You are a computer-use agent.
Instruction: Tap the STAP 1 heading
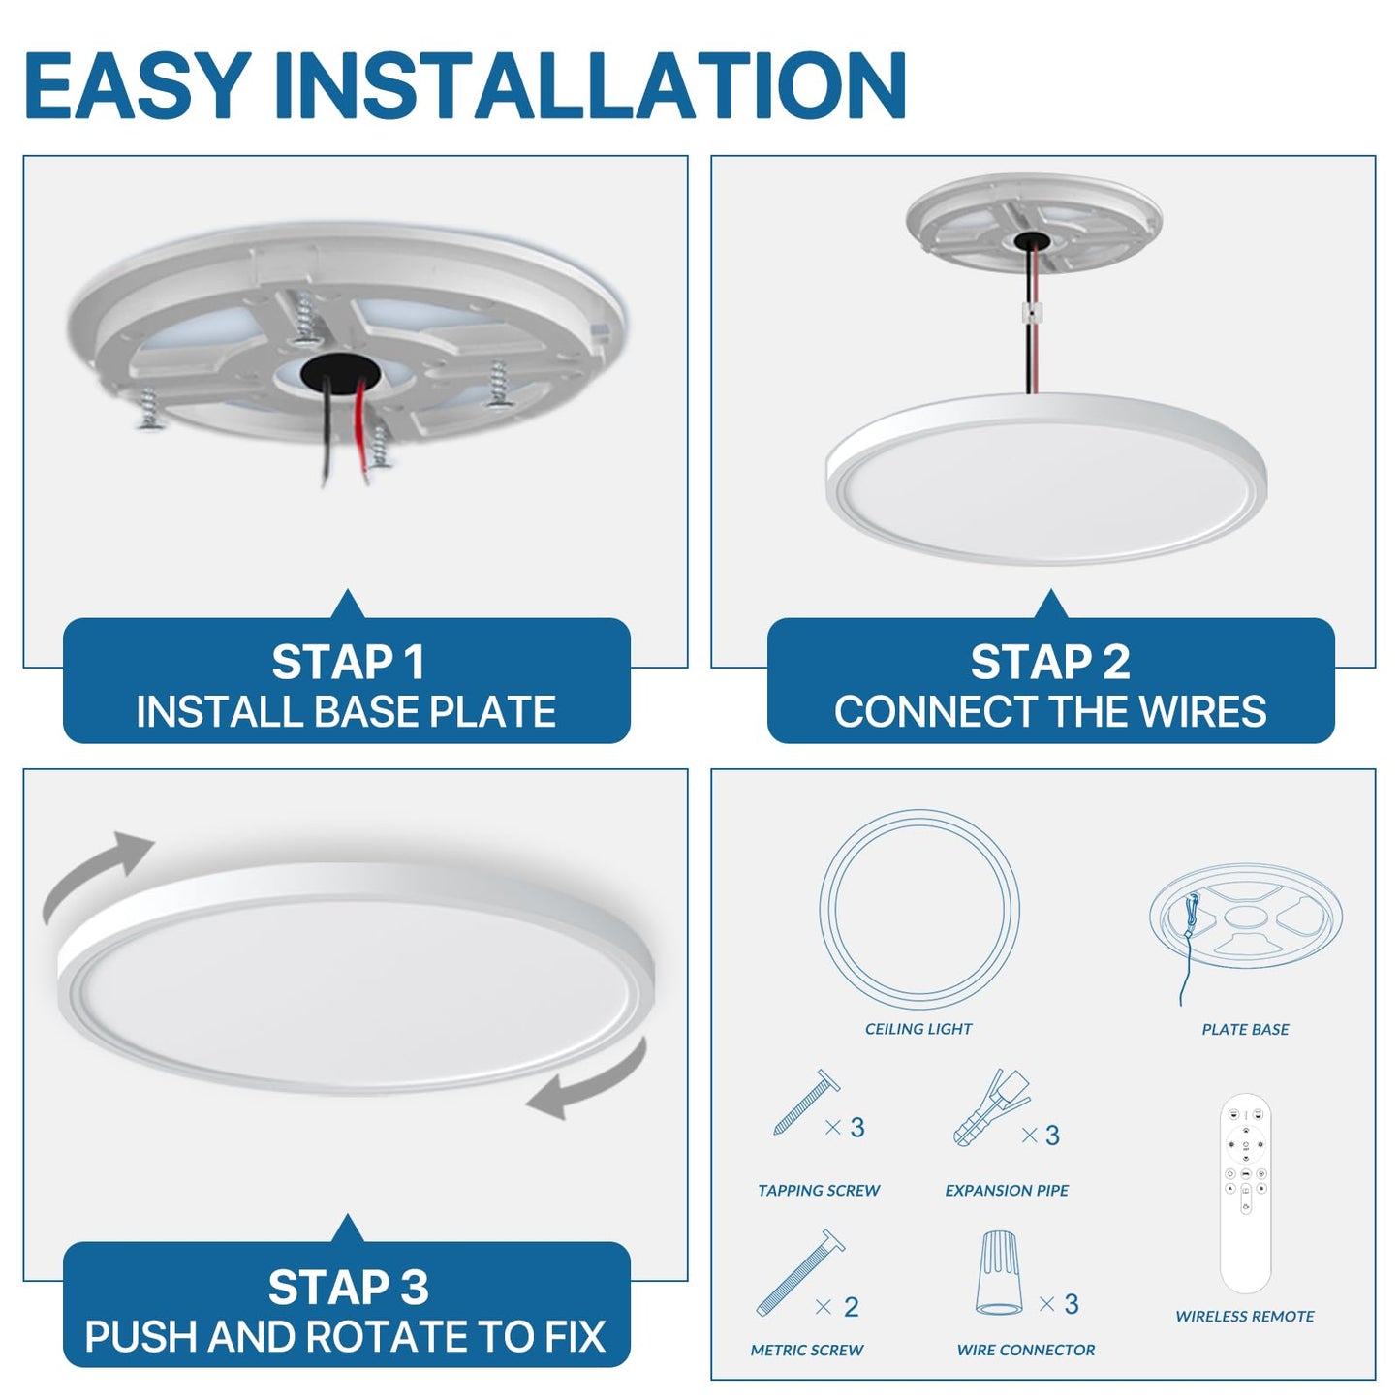click(347, 663)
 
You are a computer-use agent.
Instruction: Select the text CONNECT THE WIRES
click(1050, 712)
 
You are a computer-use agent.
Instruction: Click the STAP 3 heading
click(347, 1288)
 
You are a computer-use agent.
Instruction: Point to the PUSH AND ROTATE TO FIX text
click(345, 1337)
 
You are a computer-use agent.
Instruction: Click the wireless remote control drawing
click(1245, 1193)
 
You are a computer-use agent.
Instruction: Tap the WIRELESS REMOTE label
click(1245, 1317)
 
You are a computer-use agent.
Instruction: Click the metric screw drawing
click(800, 1272)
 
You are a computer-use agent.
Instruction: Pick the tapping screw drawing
click(806, 1103)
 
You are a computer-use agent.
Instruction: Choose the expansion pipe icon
click(990, 1107)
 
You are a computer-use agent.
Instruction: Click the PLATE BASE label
click(1245, 1030)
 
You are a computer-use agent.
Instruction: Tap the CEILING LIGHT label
click(918, 1029)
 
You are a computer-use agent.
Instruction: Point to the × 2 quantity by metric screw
click(838, 1307)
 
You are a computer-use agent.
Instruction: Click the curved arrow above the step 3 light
click(97, 872)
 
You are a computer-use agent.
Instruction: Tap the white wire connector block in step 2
click(1033, 313)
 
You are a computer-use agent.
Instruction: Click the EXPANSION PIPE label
click(1007, 1191)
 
